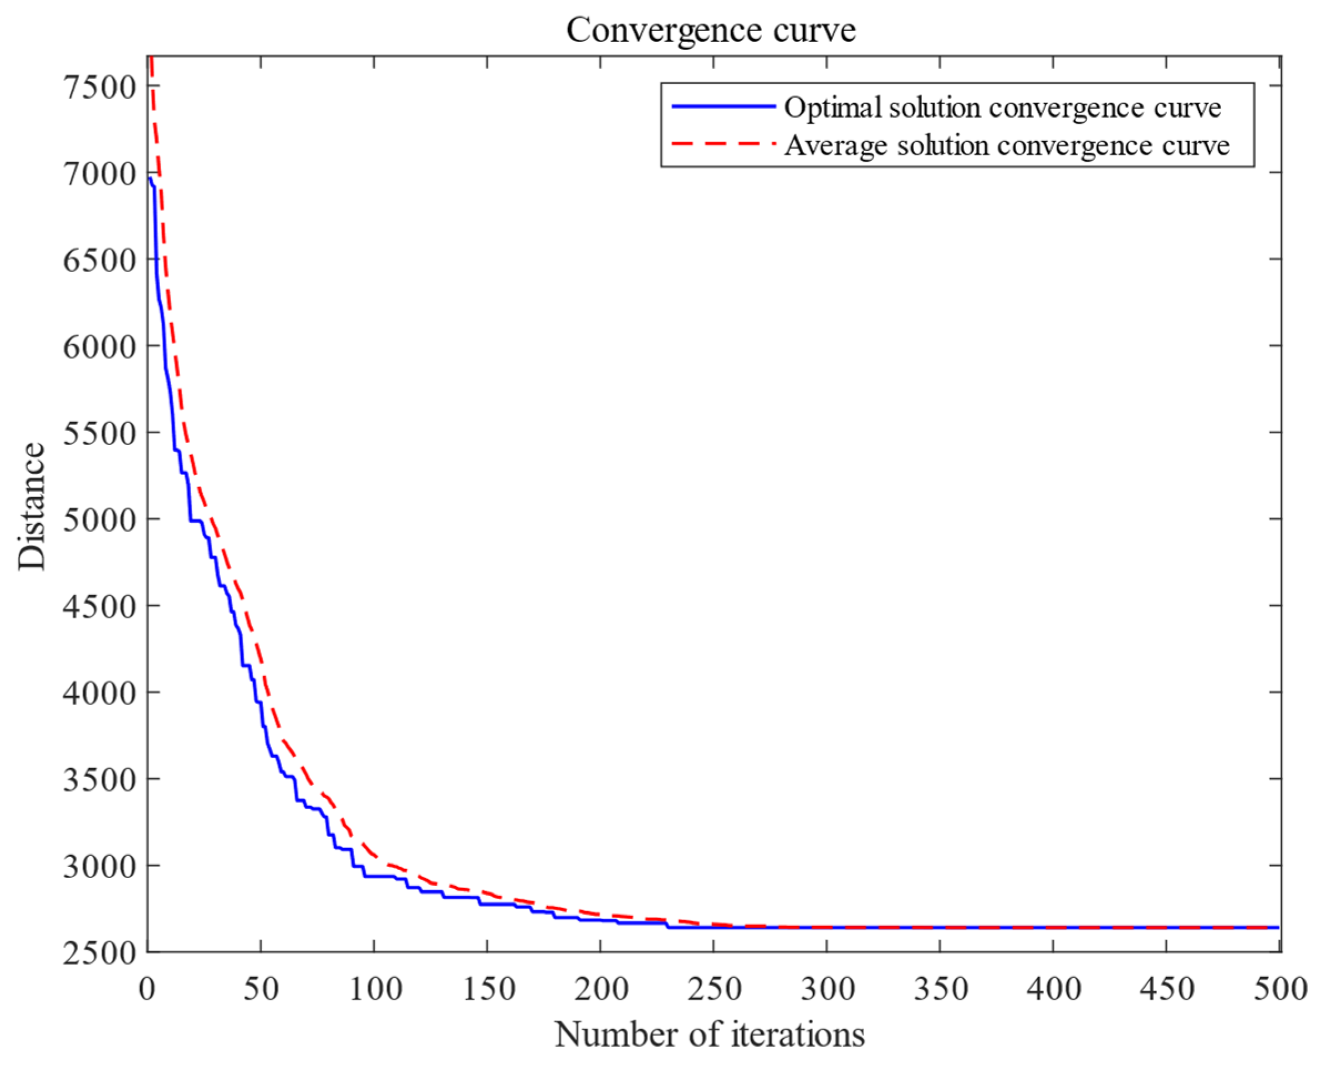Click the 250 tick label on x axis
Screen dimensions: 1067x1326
click(714, 989)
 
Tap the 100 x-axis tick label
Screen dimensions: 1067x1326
click(375, 989)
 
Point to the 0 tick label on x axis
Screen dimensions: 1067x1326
click(147, 989)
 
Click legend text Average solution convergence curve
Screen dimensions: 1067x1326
click(1007, 146)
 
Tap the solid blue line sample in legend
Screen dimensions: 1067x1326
click(723, 106)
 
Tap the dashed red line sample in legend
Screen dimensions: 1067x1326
click(723, 144)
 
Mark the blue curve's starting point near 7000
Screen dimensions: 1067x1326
click(150, 179)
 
